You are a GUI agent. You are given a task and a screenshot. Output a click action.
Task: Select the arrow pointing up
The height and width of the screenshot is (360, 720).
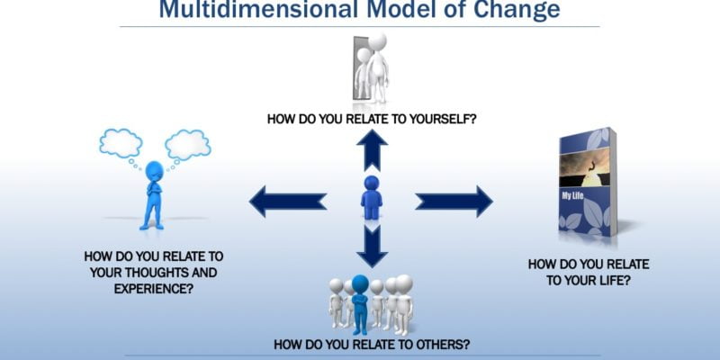click(x=371, y=149)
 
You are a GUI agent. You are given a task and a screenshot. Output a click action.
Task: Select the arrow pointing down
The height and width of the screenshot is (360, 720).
click(x=371, y=244)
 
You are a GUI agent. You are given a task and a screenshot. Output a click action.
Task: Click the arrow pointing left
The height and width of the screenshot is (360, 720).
click(x=287, y=201)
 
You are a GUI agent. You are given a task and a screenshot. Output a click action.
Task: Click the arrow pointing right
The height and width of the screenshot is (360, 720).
click(x=454, y=201)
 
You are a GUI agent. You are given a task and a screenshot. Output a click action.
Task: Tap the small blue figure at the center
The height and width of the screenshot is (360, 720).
click(x=371, y=197)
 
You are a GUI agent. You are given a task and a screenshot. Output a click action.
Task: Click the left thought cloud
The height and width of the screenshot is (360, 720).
click(x=122, y=142)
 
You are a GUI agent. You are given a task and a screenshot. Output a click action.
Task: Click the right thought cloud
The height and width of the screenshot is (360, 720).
click(x=187, y=142)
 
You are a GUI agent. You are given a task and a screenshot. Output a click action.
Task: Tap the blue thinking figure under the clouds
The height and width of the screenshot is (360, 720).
click(x=153, y=194)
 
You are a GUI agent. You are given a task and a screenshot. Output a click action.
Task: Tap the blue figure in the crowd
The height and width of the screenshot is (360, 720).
click(x=361, y=302)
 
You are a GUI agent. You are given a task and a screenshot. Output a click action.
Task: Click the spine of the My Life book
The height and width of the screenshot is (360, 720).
click(x=613, y=180)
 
